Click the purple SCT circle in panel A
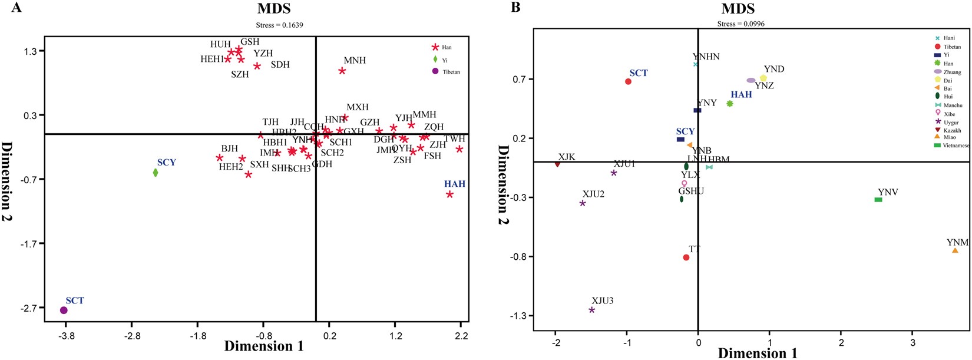[x=64, y=310]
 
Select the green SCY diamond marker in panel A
[x=156, y=173]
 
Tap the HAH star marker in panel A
[x=449, y=194]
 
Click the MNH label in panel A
[x=355, y=61]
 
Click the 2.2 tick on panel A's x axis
[x=461, y=336]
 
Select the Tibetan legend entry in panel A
[x=451, y=72]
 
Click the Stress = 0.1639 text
[x=279, y=25]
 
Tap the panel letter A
[x=16, y=8]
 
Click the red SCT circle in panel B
[x=628, y=81]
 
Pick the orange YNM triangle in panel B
[x=955, y=251]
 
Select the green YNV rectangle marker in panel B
[x=878, y=200]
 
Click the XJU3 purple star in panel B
[x=592, y=310]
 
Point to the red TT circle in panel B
[x=686, y=257]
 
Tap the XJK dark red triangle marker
[x=557, y=164]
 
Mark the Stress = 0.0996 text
[x=740, y=24]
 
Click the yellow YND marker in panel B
[x=763, y=78]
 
